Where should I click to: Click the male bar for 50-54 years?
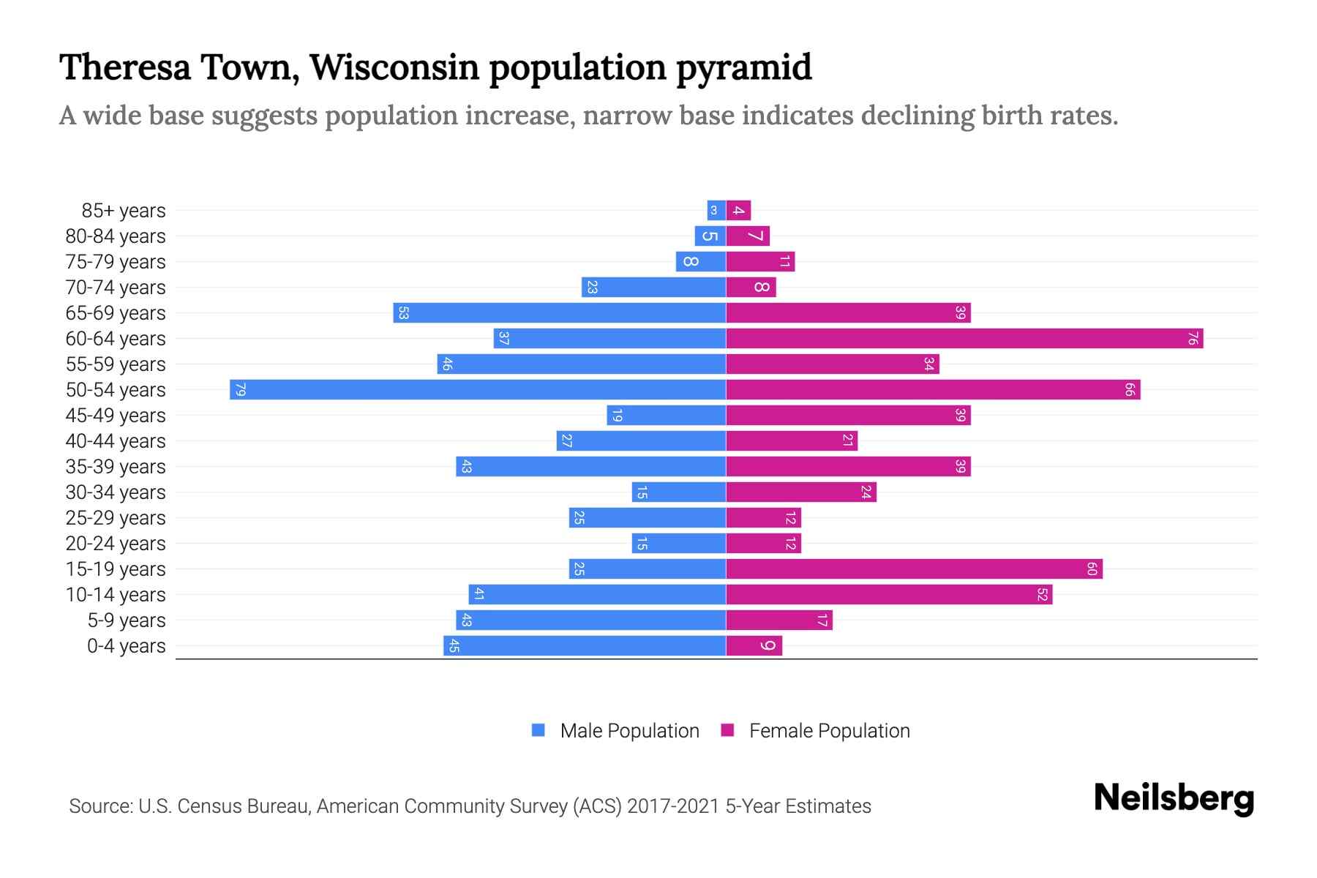(x=478, y=389)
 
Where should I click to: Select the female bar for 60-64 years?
(x=964, y=338)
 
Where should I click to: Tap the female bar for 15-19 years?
(x=914, y=569)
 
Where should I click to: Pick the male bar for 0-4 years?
(x=585, y=645)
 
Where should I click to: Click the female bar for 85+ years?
(x=738, y=210)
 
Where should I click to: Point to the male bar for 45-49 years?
(x=667, y=415)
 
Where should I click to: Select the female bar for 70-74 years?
(x=751, y=287)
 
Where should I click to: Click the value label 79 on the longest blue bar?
(x=240, y=389)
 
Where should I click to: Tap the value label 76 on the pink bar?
(x=1193, y=338)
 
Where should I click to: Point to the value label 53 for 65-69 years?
(x=402, y=313)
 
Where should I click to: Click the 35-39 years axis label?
(x=116, y=467)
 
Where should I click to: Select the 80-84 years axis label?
(x=116, y=236)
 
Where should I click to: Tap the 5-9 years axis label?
(x=127, y=620)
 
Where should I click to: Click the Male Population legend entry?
(x=629, y=730)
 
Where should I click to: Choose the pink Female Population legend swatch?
(x=727, y=730)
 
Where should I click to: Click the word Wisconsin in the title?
(x=393, y=67)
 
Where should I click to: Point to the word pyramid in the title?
(x=743, y=67)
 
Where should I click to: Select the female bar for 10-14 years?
(x=889, y=594)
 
